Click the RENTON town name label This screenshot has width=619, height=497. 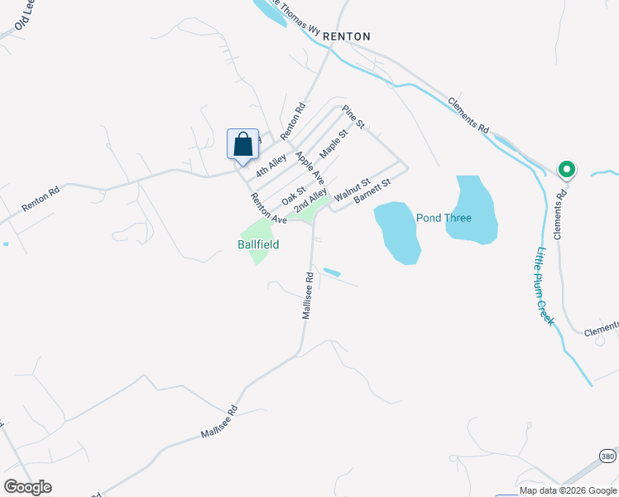coord(346,36)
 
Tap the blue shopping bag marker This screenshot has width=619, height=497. coord(242,144)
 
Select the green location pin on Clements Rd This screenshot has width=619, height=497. coord(567,170)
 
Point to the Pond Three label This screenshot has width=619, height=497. coord(444,218)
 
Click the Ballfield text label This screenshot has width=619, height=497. coord(259,244)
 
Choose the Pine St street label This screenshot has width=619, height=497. coord(353,118)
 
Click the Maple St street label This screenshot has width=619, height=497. coord(333,142)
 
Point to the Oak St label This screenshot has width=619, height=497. coord(294,195)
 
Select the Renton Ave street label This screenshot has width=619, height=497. coord(268,209)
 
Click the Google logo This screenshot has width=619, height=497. coord(28,486)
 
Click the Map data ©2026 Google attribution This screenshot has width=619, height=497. coord(567,490)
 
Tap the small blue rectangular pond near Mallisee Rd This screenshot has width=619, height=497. coord(331,272)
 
